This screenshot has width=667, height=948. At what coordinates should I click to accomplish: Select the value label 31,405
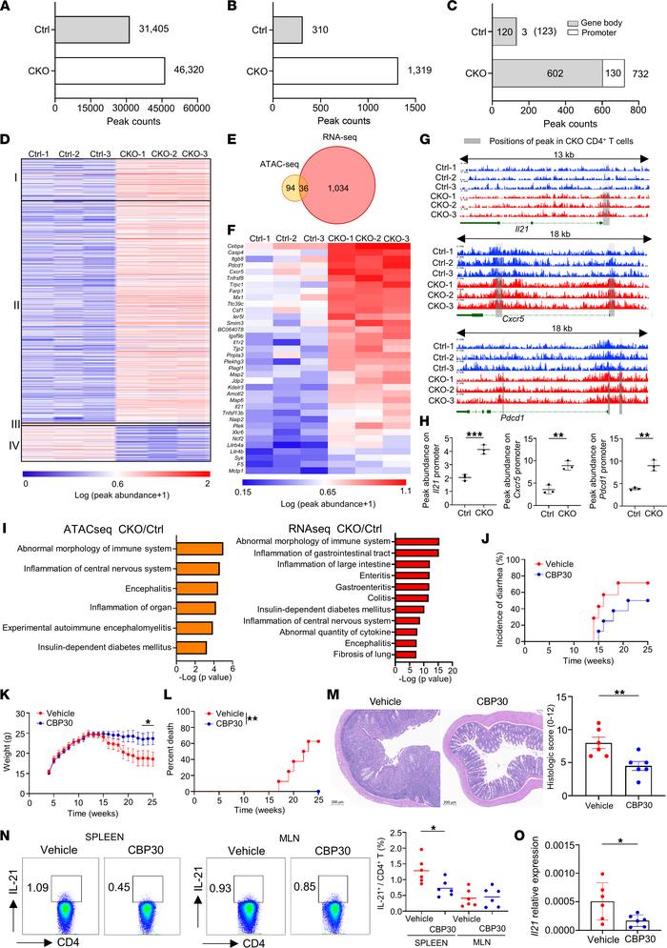pos(153,29)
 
